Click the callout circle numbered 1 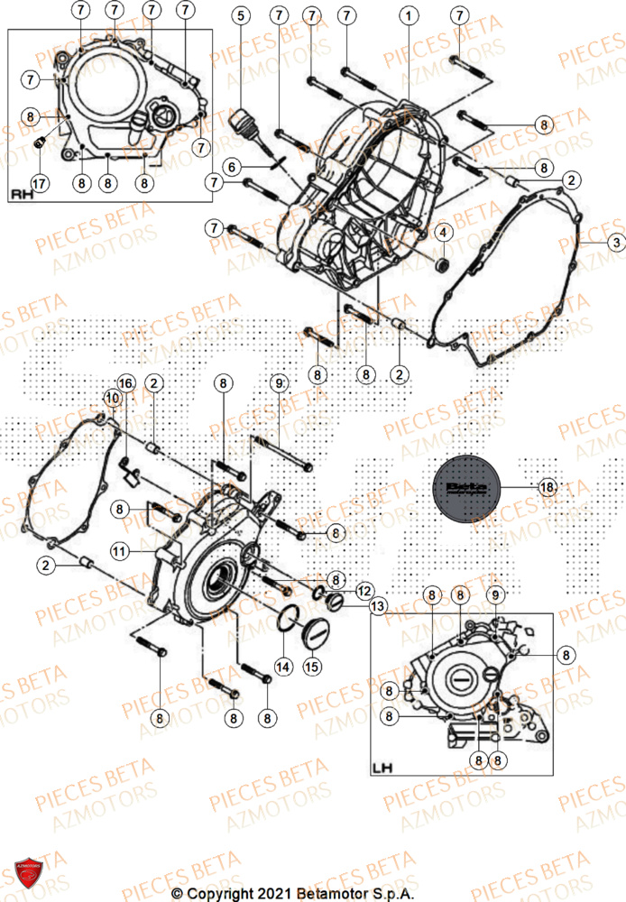[x=410, y=16]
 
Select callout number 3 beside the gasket [x=614, y=243]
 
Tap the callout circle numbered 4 [x=442, y=232]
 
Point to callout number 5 [x=239, y=16]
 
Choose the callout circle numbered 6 [x=231, y=167]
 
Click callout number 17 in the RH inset [x=39, y=180]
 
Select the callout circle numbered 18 [x=546, y=487]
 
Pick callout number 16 [x=125, y=384]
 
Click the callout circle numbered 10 [x=111, y=397]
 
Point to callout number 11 [x=120, y=549]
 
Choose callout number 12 [x=364, y=591]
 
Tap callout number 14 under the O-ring [x=283, y=666]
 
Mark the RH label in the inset [x=22, y=194]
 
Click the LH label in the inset [x=382, y=769]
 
